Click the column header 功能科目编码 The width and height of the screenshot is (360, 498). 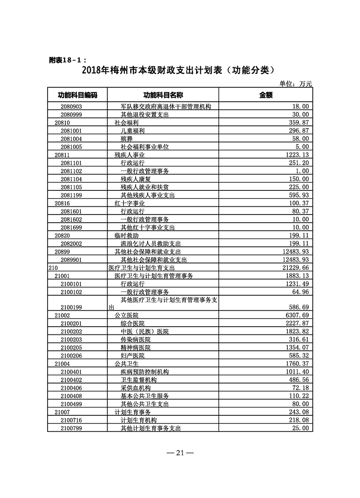click(x=77, y=95)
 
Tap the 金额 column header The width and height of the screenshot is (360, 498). click(x=266, y=95)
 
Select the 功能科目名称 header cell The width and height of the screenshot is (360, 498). click(x=163, y=95)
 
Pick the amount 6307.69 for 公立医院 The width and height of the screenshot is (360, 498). click(x=298, y=315)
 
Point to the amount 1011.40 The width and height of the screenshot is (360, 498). click(x=298, y=372)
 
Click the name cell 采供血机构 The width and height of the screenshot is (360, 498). click(x=135, y=388)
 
